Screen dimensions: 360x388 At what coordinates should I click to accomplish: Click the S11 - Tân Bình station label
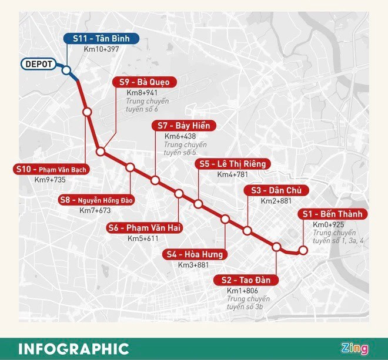click(x=101, y=39)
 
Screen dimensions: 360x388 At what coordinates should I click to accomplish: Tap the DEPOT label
click(x=38, y=64)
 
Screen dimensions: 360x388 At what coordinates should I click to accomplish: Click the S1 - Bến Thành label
click(x=332, y=214)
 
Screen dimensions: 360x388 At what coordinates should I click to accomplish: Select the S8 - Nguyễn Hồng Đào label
click(x=96, y=200)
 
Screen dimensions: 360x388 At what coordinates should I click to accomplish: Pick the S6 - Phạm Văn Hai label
click(x=145, y=228)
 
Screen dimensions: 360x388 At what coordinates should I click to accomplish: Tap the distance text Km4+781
click(x=233, y=174)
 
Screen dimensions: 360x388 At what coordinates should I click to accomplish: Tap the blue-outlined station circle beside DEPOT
click(x=66, y=71)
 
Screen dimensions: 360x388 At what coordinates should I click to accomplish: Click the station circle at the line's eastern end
click(x=303, y=251)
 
